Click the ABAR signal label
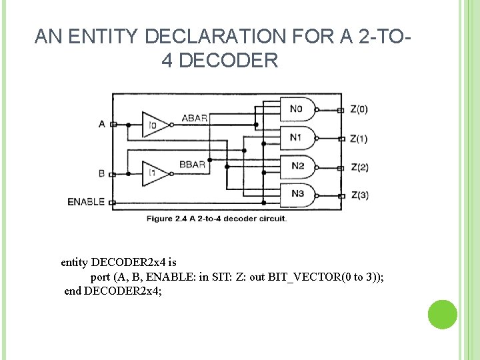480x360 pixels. pos(195,118)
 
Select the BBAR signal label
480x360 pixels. pos(195,163)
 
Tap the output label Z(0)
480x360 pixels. pos(359,109)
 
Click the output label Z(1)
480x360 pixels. pos(359,139)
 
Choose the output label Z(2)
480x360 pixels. pos(359,167)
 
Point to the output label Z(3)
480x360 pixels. pos(359,195)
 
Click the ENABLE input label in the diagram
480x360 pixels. pos(86,201)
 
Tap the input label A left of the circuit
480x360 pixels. pos(101,124)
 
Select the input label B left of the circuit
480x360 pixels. pos(101,173)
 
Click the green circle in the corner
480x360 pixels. pos(442,315)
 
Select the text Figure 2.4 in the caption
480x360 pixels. pos(165,218)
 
